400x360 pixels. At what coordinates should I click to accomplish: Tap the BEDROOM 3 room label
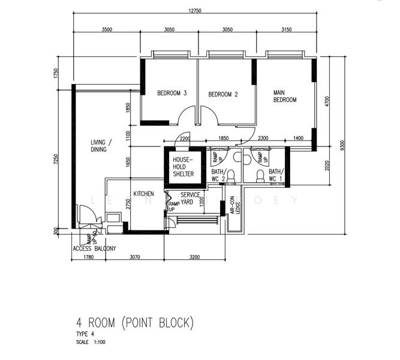point(172,93)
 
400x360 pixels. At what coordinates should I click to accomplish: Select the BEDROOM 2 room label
point(223,94)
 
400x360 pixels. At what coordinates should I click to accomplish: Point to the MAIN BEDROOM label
point(284,96)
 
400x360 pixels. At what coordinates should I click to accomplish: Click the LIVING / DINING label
point(99,146)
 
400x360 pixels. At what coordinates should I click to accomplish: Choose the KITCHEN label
point(144,194)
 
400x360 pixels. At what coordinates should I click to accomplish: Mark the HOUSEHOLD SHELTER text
point(183,167)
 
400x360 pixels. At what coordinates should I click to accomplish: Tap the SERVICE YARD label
point(190,199)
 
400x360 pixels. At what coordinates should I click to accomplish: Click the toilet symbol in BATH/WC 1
point(260,176)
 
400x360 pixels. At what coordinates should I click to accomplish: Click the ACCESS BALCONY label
point(94,248)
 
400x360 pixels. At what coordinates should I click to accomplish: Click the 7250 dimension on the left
point(55,159)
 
